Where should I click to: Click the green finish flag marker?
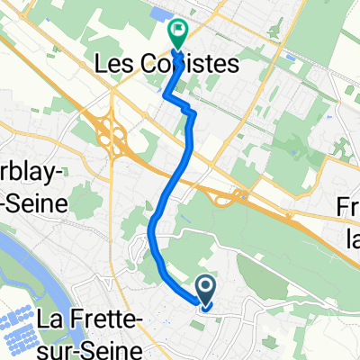[177, 35]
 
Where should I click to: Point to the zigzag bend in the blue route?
[188, 110]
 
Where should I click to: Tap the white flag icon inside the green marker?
[178, 32]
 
